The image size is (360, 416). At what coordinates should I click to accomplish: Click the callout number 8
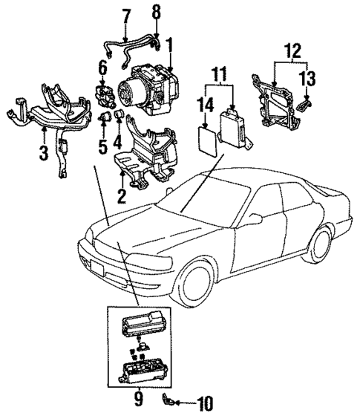(156, 13)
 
